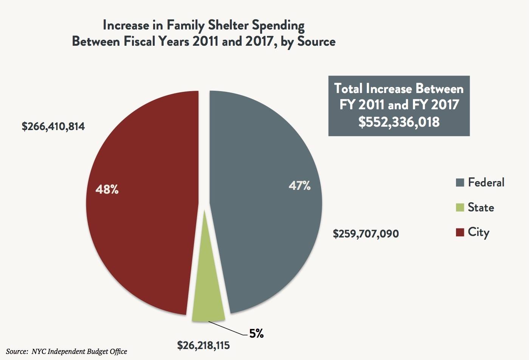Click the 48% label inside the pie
[x=107, y=189]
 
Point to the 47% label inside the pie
[x=299, y=185]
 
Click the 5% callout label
[x=256, y=334]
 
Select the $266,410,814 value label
[x=53, y=126]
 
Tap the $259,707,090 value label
[x=366, y=234]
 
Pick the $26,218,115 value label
[x=203, y=345]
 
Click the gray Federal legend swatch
[x=460, y=183]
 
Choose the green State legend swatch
[x=460, y=208]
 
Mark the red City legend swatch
[x=460, y=232]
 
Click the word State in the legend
[x=481, y=207]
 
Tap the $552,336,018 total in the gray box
[x=399, y=122]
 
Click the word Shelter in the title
[x=227, y=26]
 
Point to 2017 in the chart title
[x=259, y=41]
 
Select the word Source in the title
[x=316, y=41]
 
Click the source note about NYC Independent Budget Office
[x=67, y=351]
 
